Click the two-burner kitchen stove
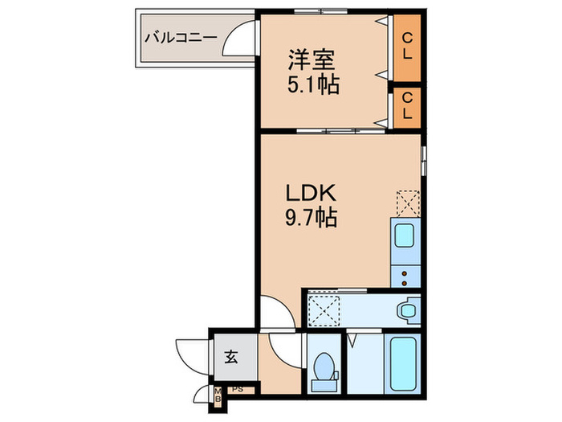405,277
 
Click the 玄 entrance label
231,358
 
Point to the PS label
237,390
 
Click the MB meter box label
217,395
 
